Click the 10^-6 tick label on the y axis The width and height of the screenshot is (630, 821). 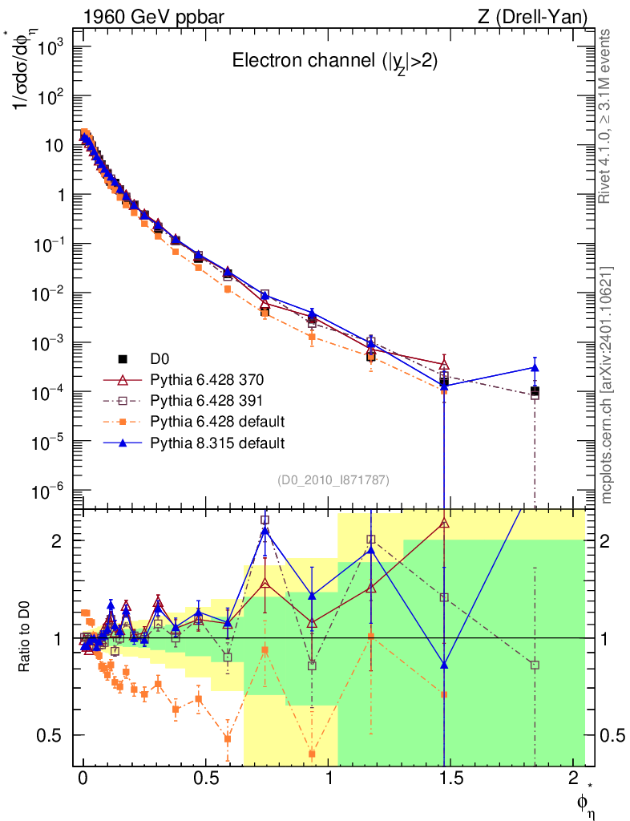47,491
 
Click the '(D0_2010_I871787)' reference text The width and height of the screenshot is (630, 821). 333,480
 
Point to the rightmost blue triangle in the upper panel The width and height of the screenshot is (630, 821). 535,368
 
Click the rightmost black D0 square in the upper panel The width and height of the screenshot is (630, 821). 535,391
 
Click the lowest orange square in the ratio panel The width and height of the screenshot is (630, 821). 313,754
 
